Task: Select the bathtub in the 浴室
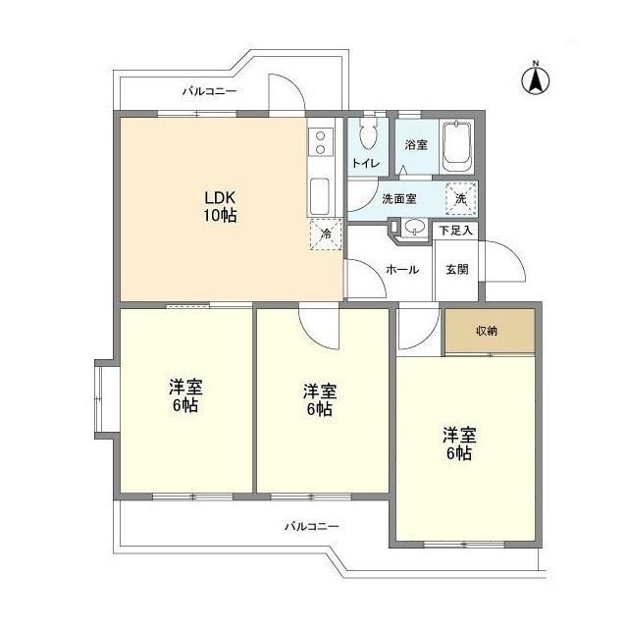pos(457,144)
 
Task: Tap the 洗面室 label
pos(398,198)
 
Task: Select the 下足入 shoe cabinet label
pos(455,232)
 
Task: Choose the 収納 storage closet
pos(489,331)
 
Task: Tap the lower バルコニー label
pos(311,527)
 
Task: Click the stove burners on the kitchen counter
pos(320,146)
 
